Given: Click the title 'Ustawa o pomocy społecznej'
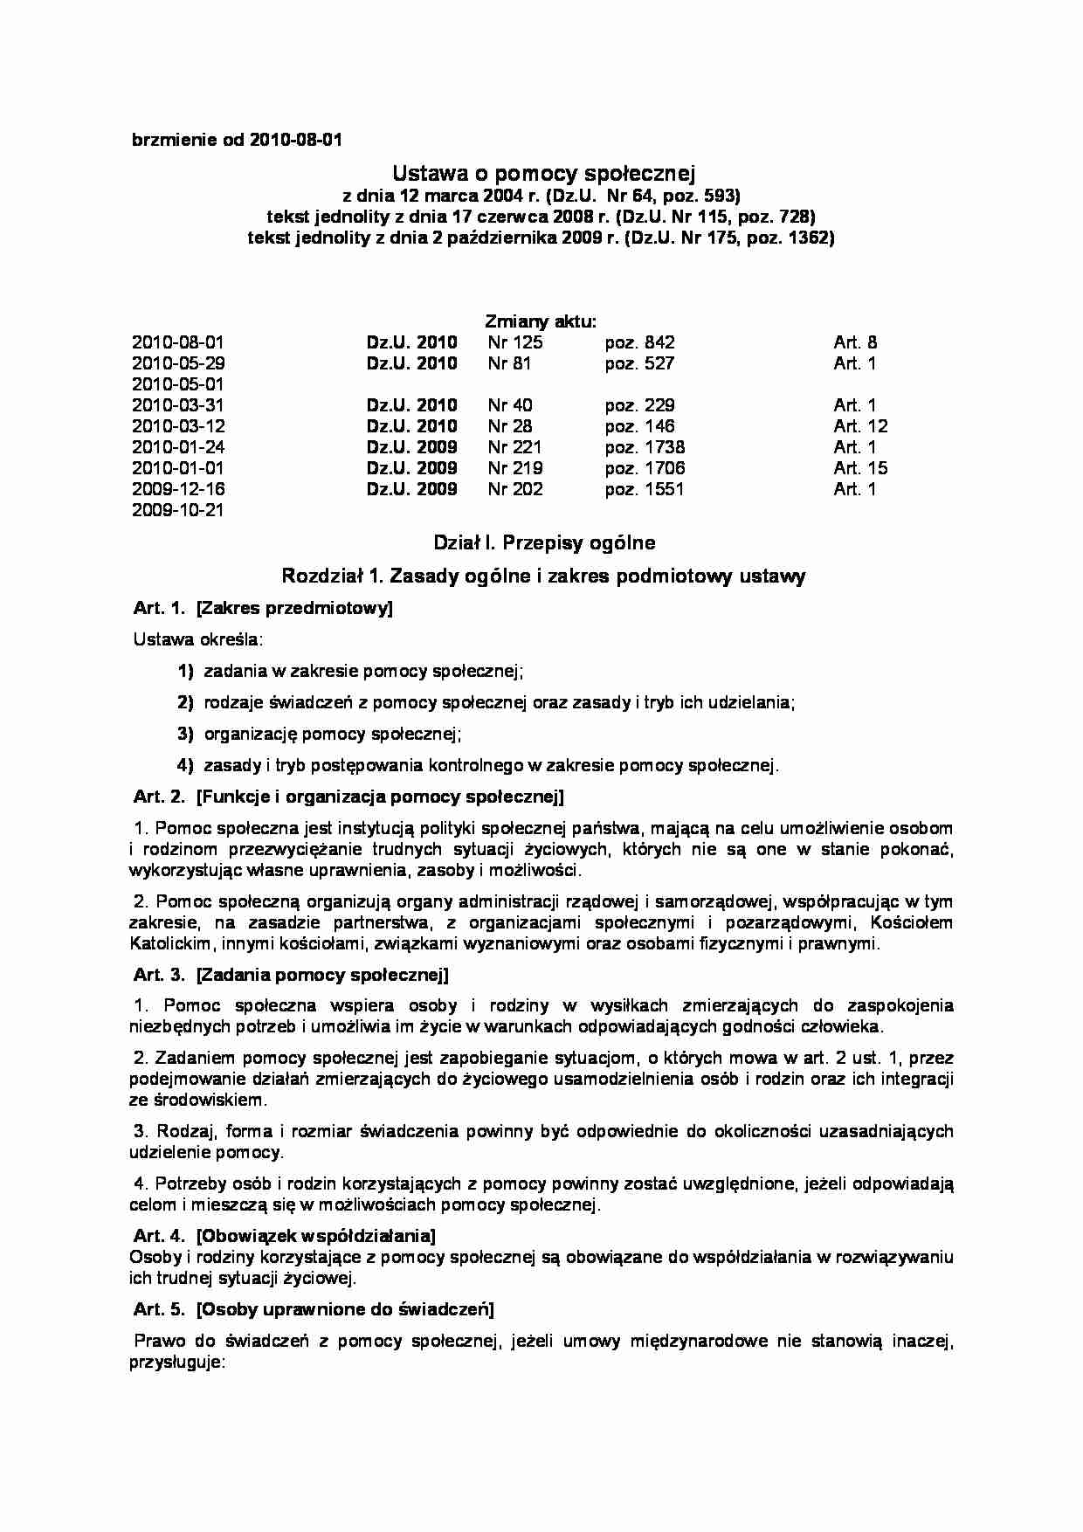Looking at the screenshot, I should click(x=541, y=171).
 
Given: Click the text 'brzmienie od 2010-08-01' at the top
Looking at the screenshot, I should click(x=237, y=140).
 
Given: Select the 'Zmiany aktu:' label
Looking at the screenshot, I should click(x=541, y=321).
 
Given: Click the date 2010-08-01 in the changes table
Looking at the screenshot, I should click(x=178, y=342).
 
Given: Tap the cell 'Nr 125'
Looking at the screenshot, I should click(x=515, y=342).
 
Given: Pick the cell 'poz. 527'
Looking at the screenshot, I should click(x=639, y=363).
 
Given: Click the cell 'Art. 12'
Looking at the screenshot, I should click(x=860, y=426).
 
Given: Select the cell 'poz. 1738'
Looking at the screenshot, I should click(x=645, y=447).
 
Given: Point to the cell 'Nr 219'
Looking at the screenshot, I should click(x=515, y=468).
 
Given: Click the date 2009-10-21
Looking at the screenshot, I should click(x=178, y=510).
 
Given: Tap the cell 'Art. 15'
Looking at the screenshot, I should click(x=860, y=468).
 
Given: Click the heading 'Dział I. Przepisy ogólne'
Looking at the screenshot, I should click(x=544, y=543).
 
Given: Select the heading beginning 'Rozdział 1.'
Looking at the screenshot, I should click(x=543, y=576).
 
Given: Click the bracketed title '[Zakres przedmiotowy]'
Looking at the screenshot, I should click(x=295, y=609).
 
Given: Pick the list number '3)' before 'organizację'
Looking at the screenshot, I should click(x=184, y=735).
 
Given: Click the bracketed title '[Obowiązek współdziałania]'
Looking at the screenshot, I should click(x=316, y=1236).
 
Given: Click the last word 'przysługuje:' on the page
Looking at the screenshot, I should click(x=178, y=1363).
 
